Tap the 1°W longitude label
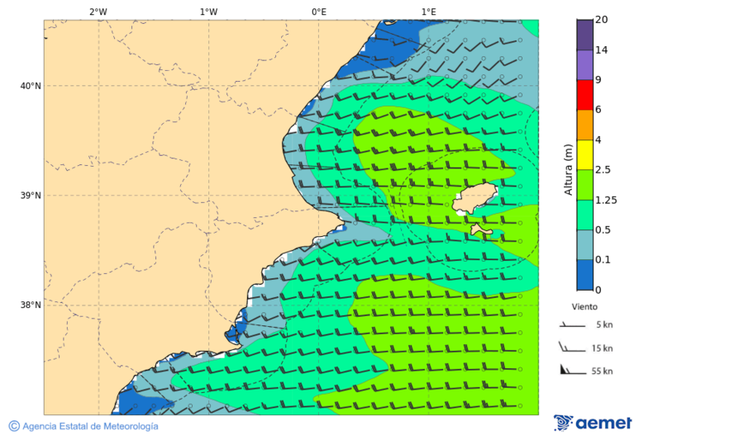click(208, 12)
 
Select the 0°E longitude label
click(318, 12)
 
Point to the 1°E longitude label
click(428, 12)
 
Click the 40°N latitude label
click(30, 86)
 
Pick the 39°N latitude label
click(30, 196)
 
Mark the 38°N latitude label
click(30, 305)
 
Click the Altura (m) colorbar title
click(568, 169)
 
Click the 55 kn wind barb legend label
click(602, 371)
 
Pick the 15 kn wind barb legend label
click(602, 348)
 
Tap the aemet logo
click(593, 423)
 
